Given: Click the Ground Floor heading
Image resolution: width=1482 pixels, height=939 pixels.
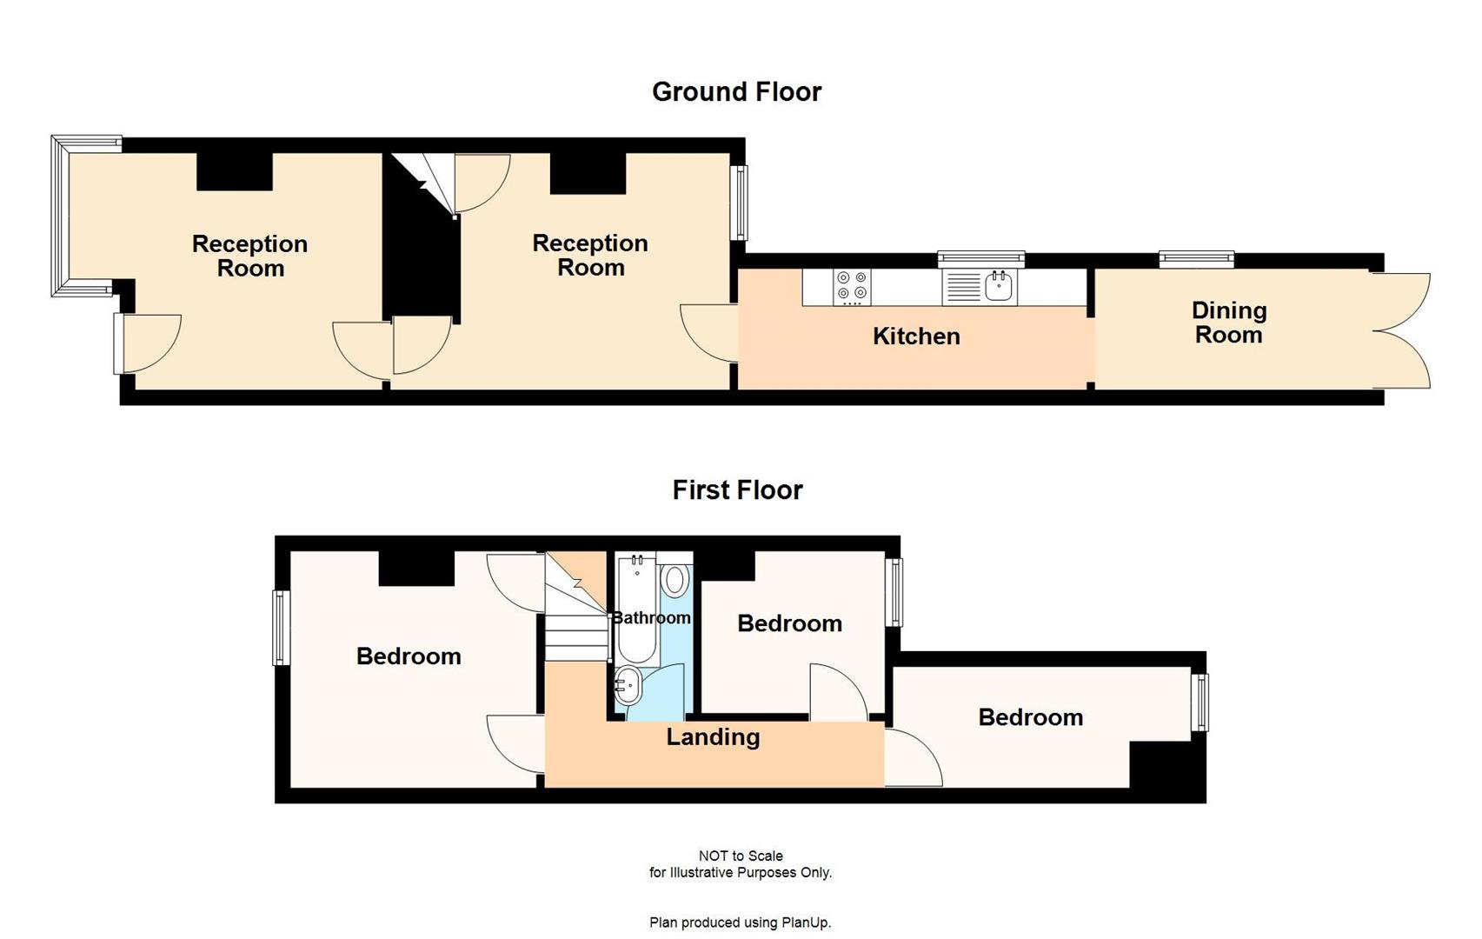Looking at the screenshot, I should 736,92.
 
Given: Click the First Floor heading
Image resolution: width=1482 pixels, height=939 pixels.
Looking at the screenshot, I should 737,490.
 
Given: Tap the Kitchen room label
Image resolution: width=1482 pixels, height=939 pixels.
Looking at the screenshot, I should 916,336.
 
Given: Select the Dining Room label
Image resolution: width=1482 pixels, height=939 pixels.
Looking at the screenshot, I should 1228,323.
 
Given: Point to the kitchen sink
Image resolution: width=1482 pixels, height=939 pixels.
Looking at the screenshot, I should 1000,286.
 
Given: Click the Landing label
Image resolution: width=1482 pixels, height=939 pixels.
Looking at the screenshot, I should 713,737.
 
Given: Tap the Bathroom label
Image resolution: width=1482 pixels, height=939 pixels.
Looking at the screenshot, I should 651,618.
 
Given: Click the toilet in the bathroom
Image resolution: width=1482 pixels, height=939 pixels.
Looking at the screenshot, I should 675,581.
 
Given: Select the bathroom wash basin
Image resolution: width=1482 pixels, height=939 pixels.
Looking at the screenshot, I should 628,686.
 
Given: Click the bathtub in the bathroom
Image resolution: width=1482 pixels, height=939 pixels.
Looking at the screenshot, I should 637,609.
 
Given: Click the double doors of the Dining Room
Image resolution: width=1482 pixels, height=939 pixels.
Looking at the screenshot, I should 1401,330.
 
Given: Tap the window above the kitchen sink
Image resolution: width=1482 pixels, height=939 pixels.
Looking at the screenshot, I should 980,258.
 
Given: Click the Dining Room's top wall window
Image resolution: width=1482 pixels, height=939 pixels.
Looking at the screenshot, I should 1196,258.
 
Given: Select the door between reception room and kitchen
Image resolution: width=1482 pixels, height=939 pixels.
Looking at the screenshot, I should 709,332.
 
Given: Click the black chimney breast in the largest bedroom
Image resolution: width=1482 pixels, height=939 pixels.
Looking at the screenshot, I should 416,569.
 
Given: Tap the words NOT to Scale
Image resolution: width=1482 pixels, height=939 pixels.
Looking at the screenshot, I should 741,856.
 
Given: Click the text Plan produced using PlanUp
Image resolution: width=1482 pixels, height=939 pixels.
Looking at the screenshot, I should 740,922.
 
